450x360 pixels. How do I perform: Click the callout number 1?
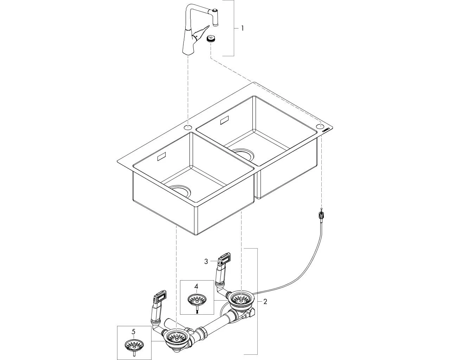(x=242, y=28)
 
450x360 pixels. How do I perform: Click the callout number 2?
(x=265, y=301)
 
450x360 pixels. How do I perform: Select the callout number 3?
(x=206, y=261)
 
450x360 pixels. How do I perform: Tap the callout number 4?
(x=196, y=287)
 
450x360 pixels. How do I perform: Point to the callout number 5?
(x=133, y=331)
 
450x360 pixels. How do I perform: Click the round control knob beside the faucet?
(x=211, y=39)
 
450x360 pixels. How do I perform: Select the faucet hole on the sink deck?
(x=188, y=127)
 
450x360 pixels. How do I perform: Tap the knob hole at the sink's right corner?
(x=320, y=126)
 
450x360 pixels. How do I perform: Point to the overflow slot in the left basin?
(x=162, y=157)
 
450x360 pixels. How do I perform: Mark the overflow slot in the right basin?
(x=224, y=121)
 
